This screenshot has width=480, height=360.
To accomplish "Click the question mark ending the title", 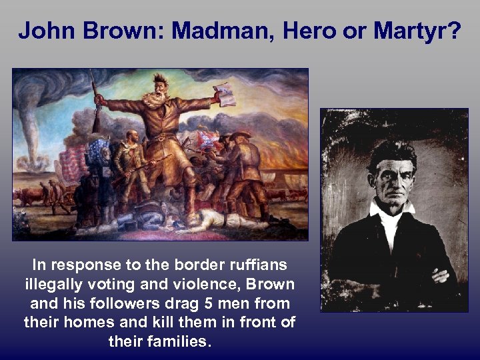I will tap(455, 30).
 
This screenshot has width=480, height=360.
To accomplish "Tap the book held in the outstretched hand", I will tap(225, 95).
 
